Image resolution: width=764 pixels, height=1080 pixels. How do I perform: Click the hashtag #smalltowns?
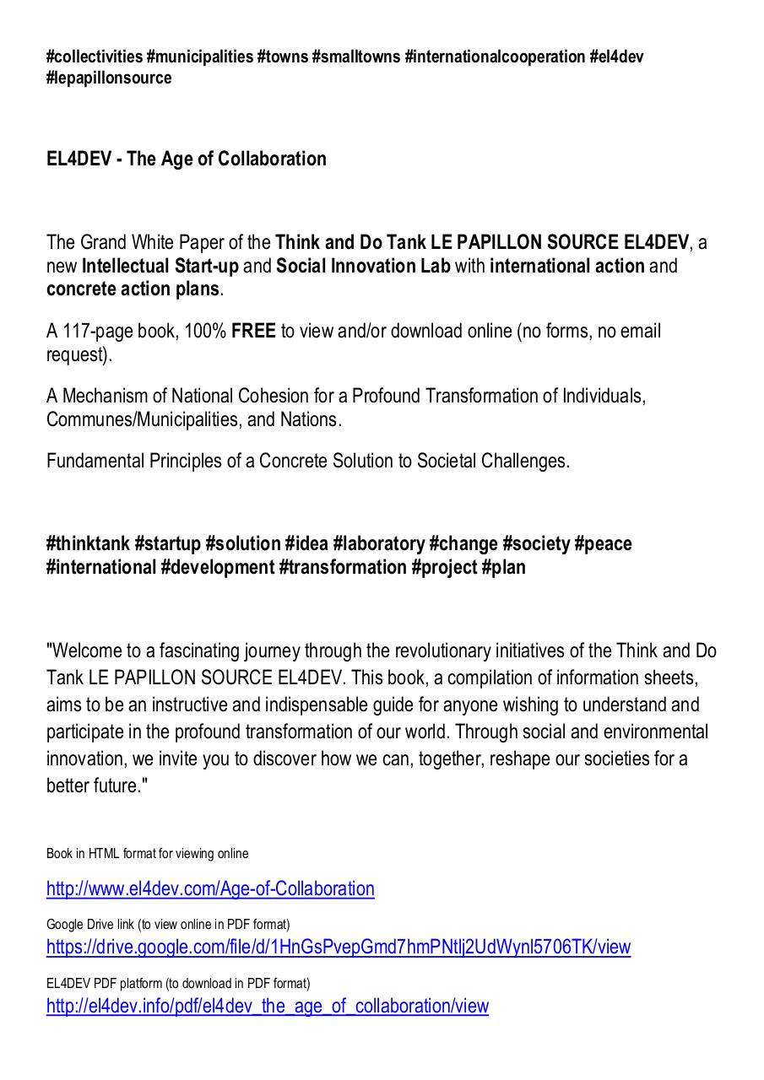point(355,57)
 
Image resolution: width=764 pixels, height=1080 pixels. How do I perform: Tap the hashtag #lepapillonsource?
point(109,78)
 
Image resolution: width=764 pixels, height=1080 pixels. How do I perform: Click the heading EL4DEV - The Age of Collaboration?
point(186,159)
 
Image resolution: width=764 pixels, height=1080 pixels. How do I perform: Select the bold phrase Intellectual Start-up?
point(160,267)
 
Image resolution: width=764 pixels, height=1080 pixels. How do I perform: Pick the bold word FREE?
point(253,332)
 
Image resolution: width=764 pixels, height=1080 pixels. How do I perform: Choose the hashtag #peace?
point(603,544)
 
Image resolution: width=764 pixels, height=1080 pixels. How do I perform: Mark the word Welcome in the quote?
point(86,651)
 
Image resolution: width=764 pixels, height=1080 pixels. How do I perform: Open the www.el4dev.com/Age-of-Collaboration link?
point(210,889)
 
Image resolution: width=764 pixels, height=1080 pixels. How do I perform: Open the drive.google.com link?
point(338,948)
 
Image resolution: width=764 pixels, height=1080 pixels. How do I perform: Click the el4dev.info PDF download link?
point(267,1007)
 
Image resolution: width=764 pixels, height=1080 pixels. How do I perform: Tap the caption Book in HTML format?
point(147,854)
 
